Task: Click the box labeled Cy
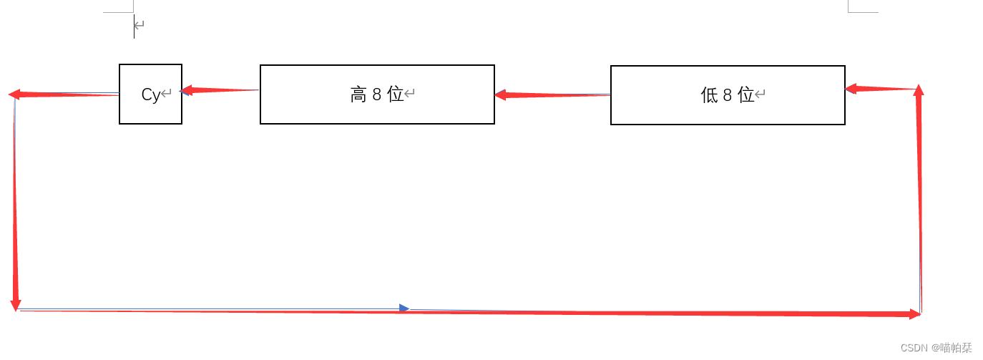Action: tap(150, 94)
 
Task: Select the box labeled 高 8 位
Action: tap(377, 94)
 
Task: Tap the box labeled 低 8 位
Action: tap(728, 95)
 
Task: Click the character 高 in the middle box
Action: tap(358, 94)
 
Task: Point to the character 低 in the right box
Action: tap(709, 95)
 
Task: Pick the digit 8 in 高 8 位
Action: tap(377, 94)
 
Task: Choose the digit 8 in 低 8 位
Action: tap(728, 95)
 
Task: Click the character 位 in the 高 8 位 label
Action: tap(396, 94)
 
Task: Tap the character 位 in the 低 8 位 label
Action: tap(746, 95)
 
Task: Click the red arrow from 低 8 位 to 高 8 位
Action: tap(552, 94)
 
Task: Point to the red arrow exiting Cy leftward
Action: tap(64, 94)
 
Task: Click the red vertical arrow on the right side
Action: tap(919, 200)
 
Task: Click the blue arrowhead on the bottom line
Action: tap(404, 308)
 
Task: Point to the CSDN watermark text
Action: tap(936, 348)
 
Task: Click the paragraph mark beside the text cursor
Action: tap(140, 25)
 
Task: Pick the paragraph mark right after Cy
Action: tap(167, 93)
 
